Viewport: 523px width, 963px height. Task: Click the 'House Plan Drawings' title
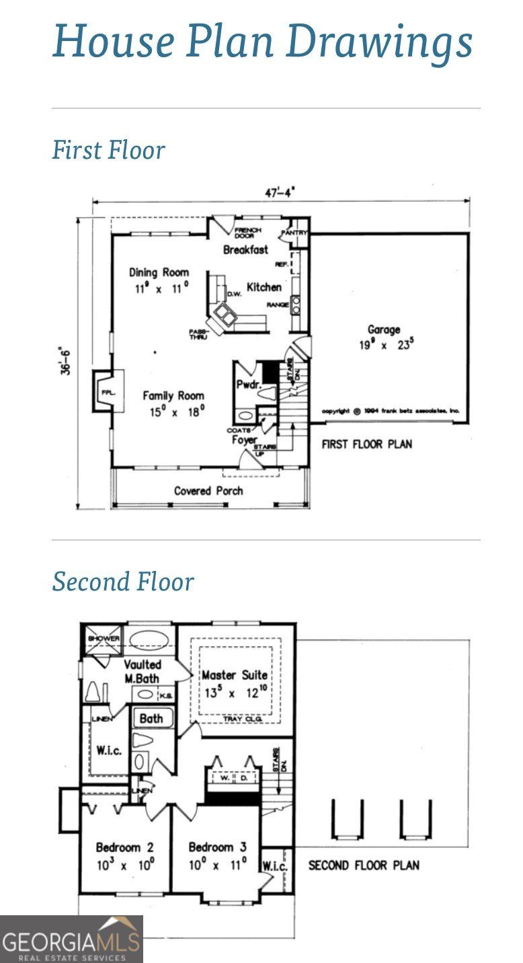tap(262, 40)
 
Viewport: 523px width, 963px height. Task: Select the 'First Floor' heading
tap(108, 149)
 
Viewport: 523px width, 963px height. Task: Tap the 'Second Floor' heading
tap(123, 582)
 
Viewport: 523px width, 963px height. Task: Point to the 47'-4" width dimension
tap(280, 193)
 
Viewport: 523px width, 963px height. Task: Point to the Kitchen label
tap(264, 287)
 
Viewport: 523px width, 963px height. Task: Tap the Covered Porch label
tap(208, 491)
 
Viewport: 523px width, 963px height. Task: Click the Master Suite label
tap(235, 675)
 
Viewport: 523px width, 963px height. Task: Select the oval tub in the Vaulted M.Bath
tap(150, 638)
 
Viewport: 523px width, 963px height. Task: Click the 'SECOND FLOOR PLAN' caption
tap(363, 865)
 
